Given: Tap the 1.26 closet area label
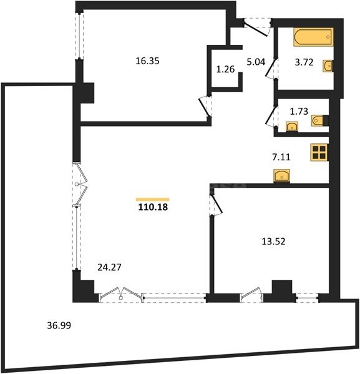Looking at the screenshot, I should pyautogui.click(x=225, y=69).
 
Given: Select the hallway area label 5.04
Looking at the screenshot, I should pyautogui.click(x=256, y=62).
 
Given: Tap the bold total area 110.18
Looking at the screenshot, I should pyautogui.click(x=152, y=208).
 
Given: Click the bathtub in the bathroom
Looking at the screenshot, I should pyautogui.click(x=313, y=37).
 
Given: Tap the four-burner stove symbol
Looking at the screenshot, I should pyautogui.click(x=319, y=153).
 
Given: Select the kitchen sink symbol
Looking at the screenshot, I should pyautogui.click(x=283, y=175).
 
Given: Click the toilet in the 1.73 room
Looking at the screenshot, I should pyautogui.click(x=319, y=120).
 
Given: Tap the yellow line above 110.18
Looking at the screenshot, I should pyautogui.click(x=152, y=198).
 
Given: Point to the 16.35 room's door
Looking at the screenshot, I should pyautogui.click(x=203, y=104).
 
